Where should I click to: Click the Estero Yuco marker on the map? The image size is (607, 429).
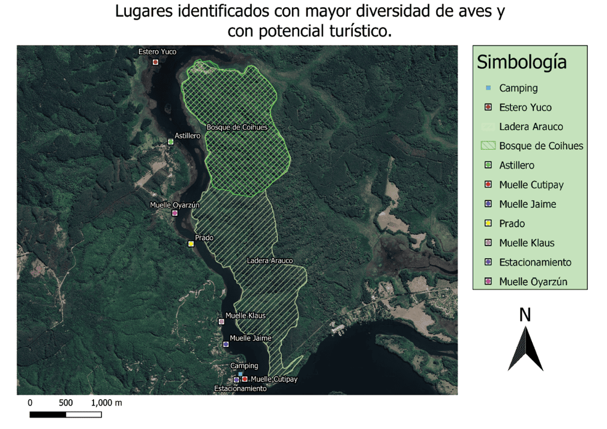[x=155, y=62]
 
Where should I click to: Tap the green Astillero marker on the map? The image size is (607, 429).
[x=170, y=142]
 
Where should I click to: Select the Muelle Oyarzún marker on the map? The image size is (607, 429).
[x=175, y=213]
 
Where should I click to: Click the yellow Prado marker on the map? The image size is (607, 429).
[x=191, y=243]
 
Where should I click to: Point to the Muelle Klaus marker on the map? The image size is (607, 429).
[x=221, y=322]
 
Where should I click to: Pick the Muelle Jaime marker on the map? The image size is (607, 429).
[x=226, y=344]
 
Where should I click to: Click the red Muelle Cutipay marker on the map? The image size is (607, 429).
[x=245, y=379]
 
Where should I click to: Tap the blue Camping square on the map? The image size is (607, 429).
[x=240, y=373]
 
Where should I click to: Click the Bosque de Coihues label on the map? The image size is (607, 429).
[x=236, y=128]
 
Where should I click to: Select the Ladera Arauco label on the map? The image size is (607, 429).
[x=269, y=261]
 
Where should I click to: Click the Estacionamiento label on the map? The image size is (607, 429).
[x=240, y=389]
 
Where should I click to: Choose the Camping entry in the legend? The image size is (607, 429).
[x=518, y=88]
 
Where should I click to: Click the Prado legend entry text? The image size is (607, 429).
[x=512, y=223]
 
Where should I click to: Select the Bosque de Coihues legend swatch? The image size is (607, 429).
[x=488, y=146]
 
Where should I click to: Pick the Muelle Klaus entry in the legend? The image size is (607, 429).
[x=526, y=243]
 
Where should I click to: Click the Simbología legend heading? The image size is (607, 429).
[x=521, y=62]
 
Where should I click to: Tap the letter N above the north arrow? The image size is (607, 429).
[x=525, y=315]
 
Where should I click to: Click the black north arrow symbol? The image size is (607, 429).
[x=525, y=349]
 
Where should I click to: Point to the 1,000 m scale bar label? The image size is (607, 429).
[x=107, y=403]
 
